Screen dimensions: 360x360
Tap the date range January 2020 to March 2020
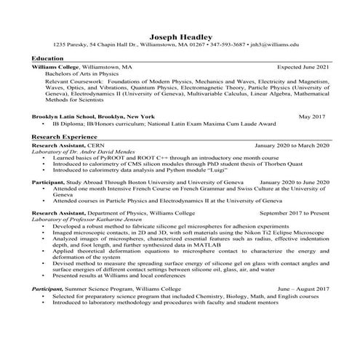pos(292,145)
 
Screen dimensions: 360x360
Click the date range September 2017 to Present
pos(295,213)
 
